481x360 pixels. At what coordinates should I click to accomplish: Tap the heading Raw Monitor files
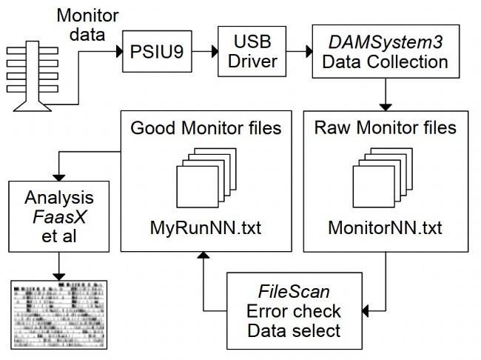pos(386,127)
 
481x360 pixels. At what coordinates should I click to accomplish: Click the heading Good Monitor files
pos(206,127)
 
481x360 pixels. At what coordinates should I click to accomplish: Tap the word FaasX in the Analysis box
pos(59,218)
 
